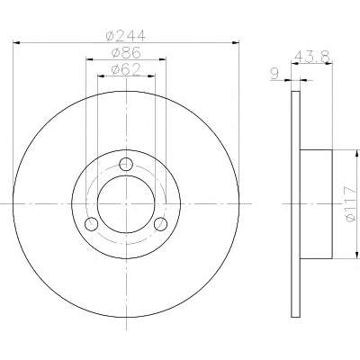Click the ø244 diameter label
(x=126, y=36)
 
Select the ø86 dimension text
(x=126, y=53)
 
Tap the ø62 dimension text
(x=126, y=69)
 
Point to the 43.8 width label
(x=312, y=56)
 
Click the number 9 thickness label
(x=274, y=74)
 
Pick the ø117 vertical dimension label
(x=350, y=204)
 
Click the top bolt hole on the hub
(x=126, y=164)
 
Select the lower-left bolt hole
(x=92, y=224)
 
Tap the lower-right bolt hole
(x=160, y=224)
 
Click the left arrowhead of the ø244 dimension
(x=17, y=43)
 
